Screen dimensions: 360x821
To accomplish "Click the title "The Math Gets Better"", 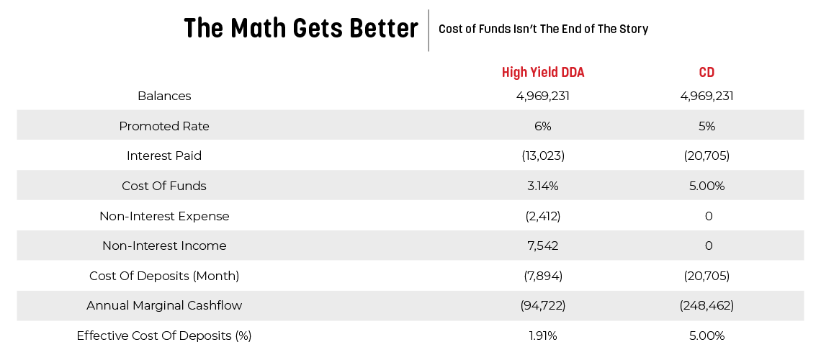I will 301,29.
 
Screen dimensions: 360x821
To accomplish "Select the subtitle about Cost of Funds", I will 543,30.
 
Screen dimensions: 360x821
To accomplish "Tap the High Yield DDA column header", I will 542,73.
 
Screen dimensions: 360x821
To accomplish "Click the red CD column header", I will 706,73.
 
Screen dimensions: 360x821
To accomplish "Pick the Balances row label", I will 164,96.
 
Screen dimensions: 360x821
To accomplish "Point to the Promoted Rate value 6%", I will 542,126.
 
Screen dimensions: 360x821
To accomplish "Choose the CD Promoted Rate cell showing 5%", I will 706,126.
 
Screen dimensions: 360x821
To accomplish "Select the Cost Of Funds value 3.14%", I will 542,186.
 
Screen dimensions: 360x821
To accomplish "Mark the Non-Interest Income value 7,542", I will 542,246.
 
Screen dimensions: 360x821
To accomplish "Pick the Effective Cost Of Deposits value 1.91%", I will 542,336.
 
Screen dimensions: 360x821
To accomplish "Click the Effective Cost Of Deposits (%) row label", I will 164,336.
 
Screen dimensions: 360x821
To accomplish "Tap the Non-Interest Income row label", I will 164,246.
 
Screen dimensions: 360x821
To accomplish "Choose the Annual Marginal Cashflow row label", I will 164,305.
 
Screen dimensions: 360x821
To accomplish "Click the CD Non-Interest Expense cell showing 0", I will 708,216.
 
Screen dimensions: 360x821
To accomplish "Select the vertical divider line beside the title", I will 429,30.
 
